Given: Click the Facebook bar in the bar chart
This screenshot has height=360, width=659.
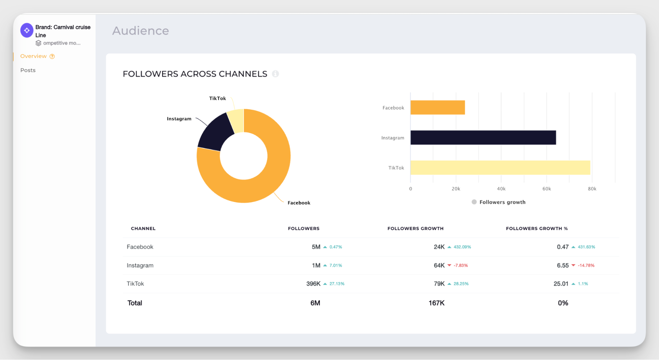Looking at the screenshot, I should pyautogui.click(x=437, y=107).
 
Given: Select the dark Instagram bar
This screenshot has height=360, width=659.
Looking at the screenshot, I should pyautogui.click(x=483, y=137).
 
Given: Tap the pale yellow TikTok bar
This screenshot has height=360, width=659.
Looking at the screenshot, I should pyautogui.click(x=500, y=167).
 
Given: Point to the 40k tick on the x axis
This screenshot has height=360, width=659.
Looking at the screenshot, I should pyautogui.click(x=501, y=189).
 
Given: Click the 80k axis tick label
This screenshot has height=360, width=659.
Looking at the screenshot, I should pyautogui.click(x=592, y=189).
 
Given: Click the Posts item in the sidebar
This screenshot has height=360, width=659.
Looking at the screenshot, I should pyautogui.click(x=28, y=70).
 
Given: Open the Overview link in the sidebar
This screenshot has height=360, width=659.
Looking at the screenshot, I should pyautogui.click(x=34, y=56).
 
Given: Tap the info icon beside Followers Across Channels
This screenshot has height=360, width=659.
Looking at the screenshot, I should pyautogui.click(x=275, y=74).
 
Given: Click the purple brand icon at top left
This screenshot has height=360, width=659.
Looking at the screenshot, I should pyautogui.click(x=27, y=30).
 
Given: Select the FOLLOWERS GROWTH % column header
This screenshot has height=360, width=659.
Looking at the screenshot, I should pyautogui.click(x=537, y=228).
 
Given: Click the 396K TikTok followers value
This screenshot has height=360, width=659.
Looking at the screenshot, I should pyautogui.click(x=313, y=284).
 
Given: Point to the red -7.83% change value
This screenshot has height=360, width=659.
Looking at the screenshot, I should pyautogui.click(x=461, y=265).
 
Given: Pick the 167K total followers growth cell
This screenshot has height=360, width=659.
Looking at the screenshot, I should pyautogui.click(x=436, y=303).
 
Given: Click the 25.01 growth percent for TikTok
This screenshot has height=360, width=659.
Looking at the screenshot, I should pyautogui.click(x=561, y=284).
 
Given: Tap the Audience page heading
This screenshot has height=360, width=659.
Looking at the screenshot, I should pyautogui.click(x=140, y=31).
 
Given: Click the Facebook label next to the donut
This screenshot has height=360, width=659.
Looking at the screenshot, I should pyautogui.click(x=299, y=203).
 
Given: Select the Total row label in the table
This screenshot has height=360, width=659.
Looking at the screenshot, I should pyautogui.click(x=135, y=303).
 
